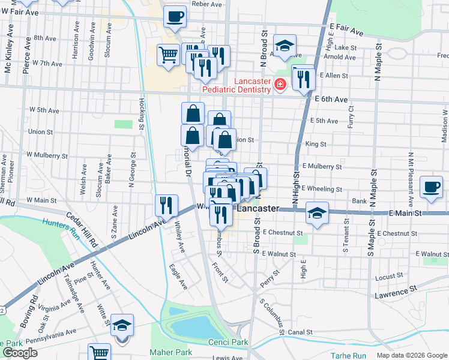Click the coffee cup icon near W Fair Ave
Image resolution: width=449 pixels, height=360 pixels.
[x=175, y=16]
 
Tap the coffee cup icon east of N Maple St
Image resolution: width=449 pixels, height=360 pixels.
[x=431, y=186]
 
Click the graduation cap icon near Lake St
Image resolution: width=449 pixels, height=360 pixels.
[x=285, y=45]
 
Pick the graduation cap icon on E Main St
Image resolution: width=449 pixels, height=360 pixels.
[x=316, y=212]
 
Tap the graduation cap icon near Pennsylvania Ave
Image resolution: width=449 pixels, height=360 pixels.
[x=122, y=325]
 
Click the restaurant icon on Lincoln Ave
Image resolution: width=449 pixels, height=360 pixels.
[x=166, y=205]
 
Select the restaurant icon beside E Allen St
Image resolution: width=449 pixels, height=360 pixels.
[x=303, y=77]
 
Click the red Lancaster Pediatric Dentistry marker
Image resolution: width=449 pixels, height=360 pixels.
[x=279, y=85]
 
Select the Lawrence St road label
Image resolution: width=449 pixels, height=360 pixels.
[x=396, y=293]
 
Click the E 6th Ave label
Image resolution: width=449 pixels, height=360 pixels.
[x=331, y=99]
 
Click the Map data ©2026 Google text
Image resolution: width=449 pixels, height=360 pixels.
[x=411, y=355]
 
